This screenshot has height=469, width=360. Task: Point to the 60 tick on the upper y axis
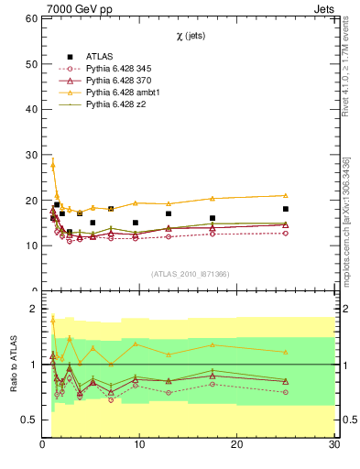(x=30, y=18)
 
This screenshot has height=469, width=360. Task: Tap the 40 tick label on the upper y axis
(x=30, y=109)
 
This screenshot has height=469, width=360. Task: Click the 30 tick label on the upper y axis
(x=30, y=155)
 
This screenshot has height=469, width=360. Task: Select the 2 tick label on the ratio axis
(x=33, y=309)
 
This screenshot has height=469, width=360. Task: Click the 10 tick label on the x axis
(x=139, y=445)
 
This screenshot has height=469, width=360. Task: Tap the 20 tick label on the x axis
(x=237, y=445)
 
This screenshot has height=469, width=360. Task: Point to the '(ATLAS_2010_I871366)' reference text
(x=191, y=274)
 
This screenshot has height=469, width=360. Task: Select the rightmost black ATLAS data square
(x=286, y=209)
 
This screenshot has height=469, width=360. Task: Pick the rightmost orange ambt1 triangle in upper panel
(x=286, y=195)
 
